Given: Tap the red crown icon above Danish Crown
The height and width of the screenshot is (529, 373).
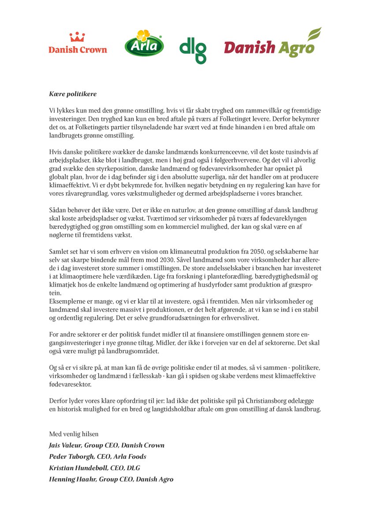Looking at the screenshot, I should point(77,37).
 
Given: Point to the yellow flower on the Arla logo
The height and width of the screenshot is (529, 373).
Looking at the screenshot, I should point(144,35).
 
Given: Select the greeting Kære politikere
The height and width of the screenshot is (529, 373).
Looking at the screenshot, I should point(72,94).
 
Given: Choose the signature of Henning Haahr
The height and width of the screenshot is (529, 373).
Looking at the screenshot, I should point(111,479).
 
